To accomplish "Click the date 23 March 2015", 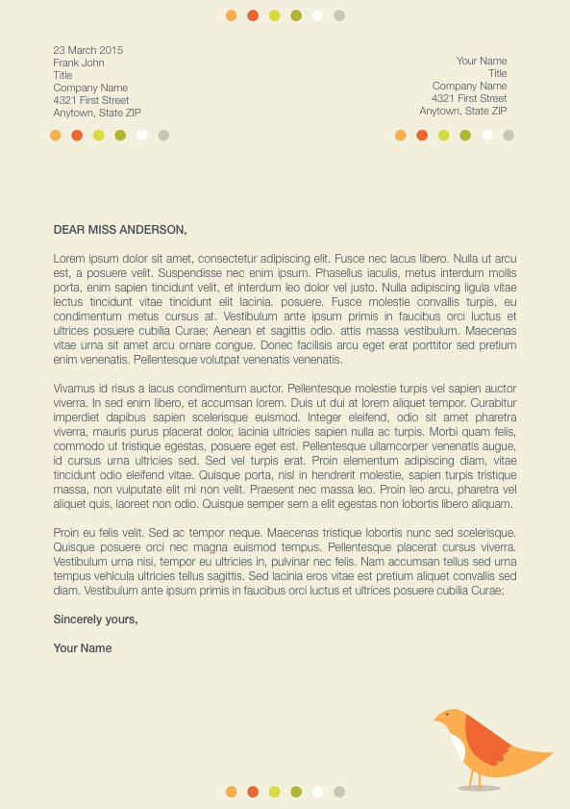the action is [x=88, y=50].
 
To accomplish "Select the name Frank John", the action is [x=79, y=63].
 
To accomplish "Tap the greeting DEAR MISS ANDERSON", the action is [x=119, y=229].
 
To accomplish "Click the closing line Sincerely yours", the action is [x=95, y=619].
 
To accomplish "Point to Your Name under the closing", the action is [x=83, y=647].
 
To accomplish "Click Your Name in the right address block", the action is [x=482, y=61].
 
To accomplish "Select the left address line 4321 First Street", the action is [x=91, y=100].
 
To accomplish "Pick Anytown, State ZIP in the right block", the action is [x=463, y=111].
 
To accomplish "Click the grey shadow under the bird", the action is [x=479, y=788].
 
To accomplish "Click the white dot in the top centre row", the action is [x=317, y=15].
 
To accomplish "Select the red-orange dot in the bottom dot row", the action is [x=253, y=792].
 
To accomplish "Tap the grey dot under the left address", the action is [x=163, y=136].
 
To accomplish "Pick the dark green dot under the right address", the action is [x=465, y=136].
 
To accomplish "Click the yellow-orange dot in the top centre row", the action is [x=231, y=15].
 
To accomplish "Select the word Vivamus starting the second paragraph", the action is [x=74, y=388].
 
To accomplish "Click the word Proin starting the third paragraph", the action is [x=66, y=532].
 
